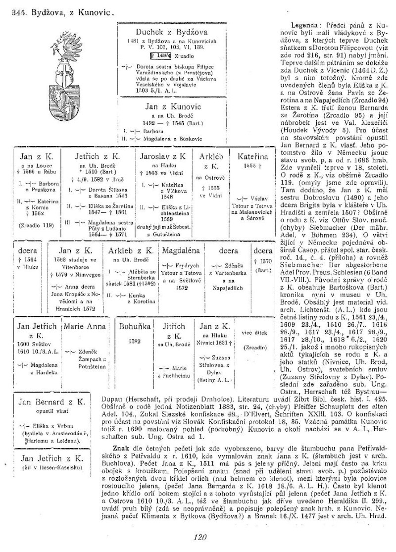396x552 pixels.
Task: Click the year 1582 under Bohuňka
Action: point(127,341)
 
